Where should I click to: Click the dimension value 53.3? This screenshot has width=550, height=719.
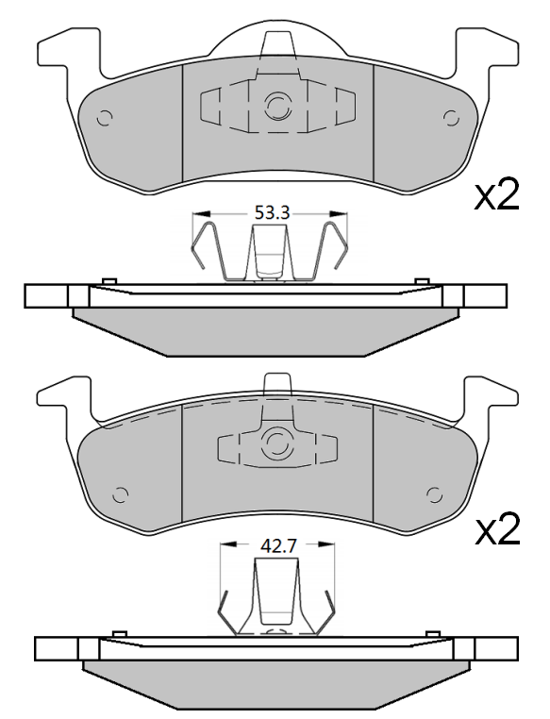point(271,213)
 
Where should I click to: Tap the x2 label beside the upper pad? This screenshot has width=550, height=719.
point(496,195)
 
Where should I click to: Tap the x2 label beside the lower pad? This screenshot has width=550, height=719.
point(496,531)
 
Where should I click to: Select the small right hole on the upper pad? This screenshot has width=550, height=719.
point(449,116)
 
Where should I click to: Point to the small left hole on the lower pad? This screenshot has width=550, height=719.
point(120,493)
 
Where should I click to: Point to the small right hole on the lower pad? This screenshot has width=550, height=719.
point(435,493)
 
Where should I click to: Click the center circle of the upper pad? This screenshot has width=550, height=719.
point(277,108)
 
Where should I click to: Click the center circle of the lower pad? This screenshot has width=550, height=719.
point(277,443)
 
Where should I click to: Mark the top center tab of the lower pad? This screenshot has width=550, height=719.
point(277,383)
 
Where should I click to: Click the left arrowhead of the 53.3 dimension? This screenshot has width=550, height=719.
point(197,214)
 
